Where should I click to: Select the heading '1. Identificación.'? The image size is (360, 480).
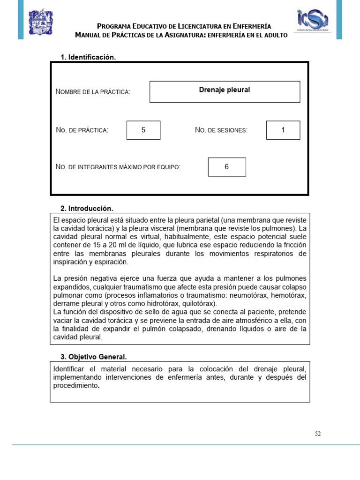pos(88,57)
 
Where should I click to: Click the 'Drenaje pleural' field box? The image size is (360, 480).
pos(225,91)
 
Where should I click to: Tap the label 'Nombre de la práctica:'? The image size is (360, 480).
pos(93,92)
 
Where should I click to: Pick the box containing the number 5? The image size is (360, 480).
pos(143,130)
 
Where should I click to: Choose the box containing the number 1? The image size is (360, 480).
pos(283,130)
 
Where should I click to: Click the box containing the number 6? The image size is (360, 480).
pos(227,167)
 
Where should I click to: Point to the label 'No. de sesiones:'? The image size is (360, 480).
pos(221,130)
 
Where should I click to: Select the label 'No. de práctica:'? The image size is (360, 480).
pos(82,130)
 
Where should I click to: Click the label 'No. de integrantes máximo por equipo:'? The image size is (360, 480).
pos(118,167)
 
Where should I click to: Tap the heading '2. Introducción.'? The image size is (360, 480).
pos(87,208)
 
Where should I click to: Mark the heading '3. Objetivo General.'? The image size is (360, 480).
pos(94,357)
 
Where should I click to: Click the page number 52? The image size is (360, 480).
pos(318,434)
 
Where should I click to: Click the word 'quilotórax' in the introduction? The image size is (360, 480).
pos(197,303)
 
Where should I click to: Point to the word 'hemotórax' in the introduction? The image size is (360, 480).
pos(290,295)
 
